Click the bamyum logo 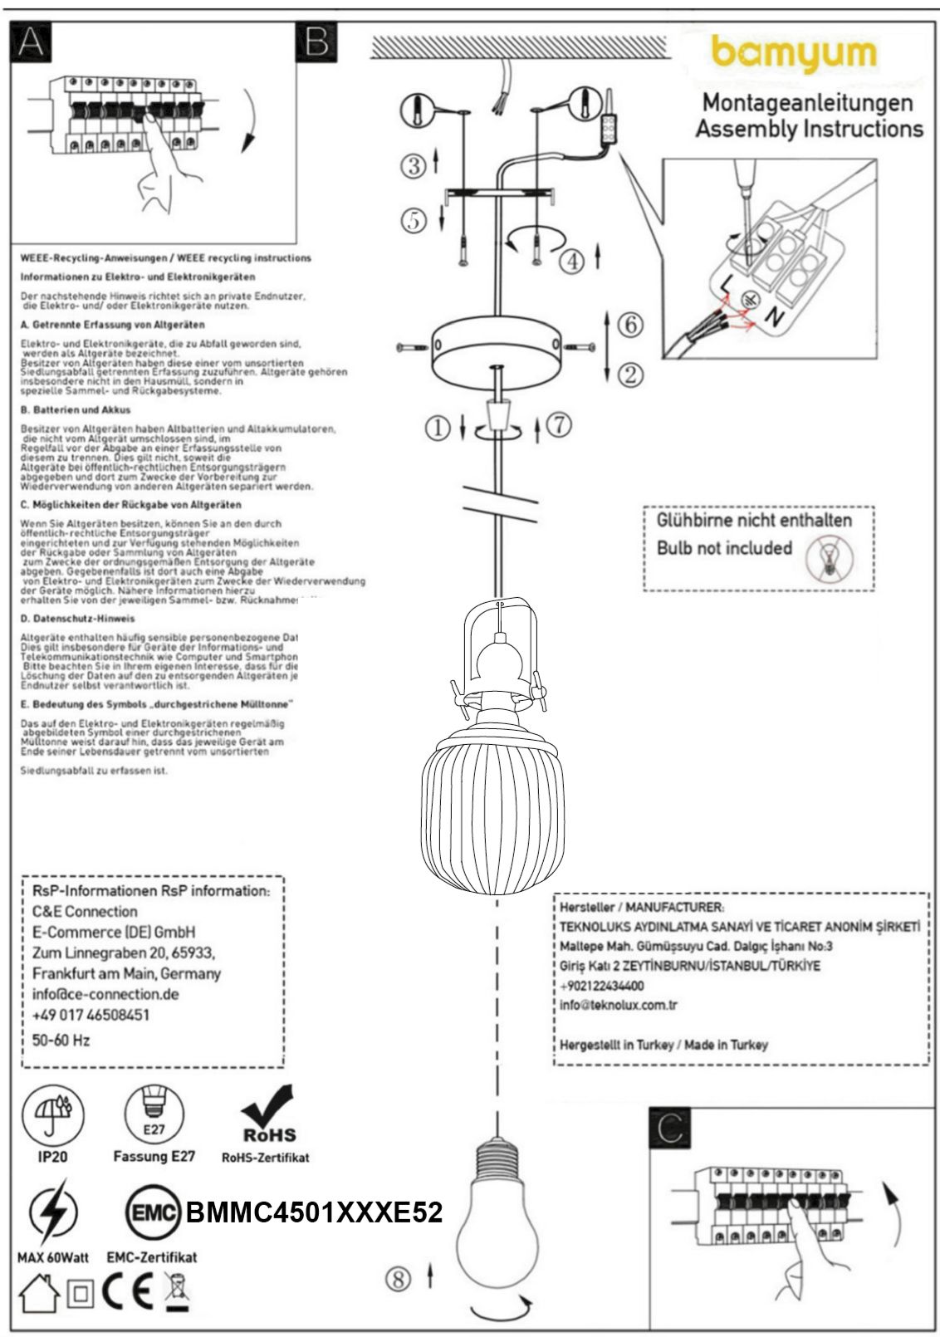794,55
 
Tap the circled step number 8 399,1279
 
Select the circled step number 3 414,166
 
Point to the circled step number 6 631,324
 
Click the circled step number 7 559,425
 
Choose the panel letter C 670,1127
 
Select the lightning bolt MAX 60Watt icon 52,1215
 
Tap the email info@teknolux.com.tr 619,1005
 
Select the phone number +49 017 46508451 91,1015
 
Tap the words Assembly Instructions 809,129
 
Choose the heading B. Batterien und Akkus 76,409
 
